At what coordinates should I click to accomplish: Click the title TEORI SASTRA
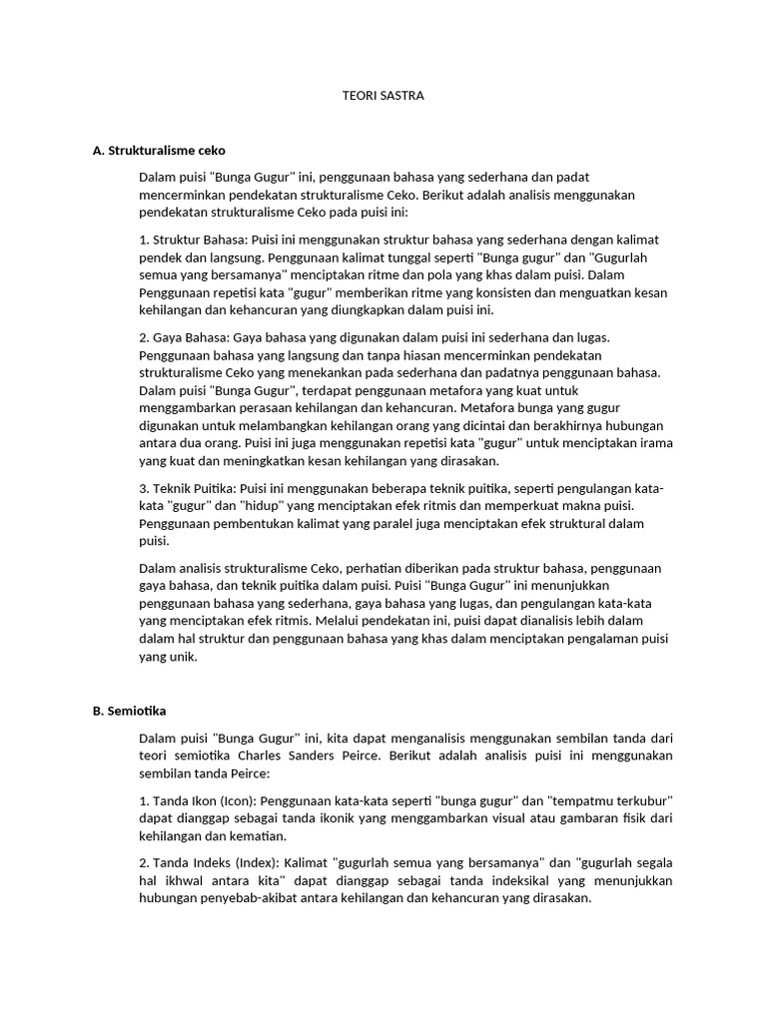click(x=383, y=97)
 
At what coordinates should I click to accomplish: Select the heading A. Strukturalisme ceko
click(x=159, y=151)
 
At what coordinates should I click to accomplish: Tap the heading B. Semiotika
click(x=129, y=711)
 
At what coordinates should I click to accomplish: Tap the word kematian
click(x=254, y=836)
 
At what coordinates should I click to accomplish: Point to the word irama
click(x=651, y=443)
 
